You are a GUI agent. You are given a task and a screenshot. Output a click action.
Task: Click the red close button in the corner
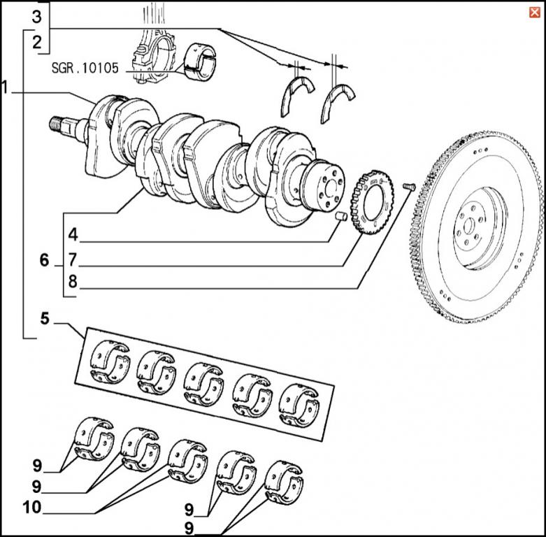pyautogui.click(x=534, y=11)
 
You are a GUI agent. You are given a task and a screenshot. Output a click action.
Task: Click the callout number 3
pyautogui.click(x=36, y=16)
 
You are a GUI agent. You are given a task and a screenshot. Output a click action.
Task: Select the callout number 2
pyautogui.click(x=36, y=42)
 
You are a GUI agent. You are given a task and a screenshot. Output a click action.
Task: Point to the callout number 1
pyautogui.click(x=6, y=88)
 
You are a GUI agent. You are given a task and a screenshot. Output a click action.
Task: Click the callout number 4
pyautogui.click(x=73, y=233)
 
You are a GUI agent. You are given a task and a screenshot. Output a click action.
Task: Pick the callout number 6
pyautogui.click(x=45, y=261)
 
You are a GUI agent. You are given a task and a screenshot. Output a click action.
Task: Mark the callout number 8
pyautogui.click(x=73, y=282)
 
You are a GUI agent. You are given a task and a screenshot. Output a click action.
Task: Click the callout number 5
pyautogui.click(x=45, y=321)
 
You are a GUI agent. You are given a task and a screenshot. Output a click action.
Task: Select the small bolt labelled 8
pyautogui.click(x=410, y=185)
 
